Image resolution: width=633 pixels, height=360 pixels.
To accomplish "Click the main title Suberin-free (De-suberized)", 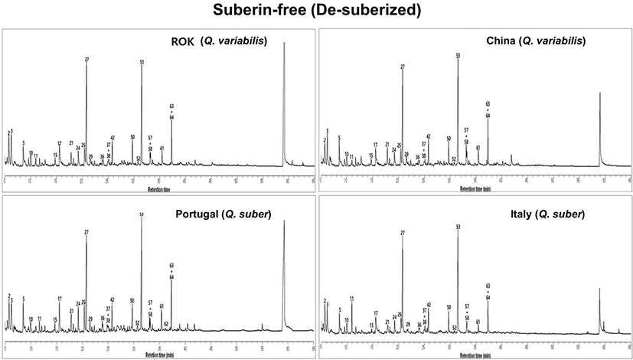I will tap(316, 11).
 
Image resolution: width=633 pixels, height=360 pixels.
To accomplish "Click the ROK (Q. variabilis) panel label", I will tap(218, 41).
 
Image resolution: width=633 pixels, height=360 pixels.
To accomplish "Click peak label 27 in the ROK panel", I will tap(87, 59).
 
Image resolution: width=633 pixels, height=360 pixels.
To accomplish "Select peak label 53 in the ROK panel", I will tap(142, 62).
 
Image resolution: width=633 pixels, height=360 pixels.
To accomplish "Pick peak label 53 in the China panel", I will tap(458, 55).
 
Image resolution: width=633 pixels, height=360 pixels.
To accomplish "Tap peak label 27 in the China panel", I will tap(403, 67).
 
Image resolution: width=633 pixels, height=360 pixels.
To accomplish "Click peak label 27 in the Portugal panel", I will tap(86, 232).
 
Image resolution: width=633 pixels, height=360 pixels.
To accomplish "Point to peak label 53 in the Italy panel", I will tap(458, 227).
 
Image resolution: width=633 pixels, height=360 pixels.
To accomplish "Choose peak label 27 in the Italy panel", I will tap(403, 233).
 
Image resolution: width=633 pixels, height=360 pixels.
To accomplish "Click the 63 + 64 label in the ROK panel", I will tap(171, 111).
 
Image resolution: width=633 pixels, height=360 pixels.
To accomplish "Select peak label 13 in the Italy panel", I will tap(351, 298).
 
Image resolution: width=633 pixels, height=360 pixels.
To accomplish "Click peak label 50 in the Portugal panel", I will tap(132, 301).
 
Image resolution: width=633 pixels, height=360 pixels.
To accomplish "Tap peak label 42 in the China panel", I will tap(429, 136).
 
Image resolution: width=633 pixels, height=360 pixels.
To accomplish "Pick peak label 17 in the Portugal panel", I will tap(59, 299).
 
